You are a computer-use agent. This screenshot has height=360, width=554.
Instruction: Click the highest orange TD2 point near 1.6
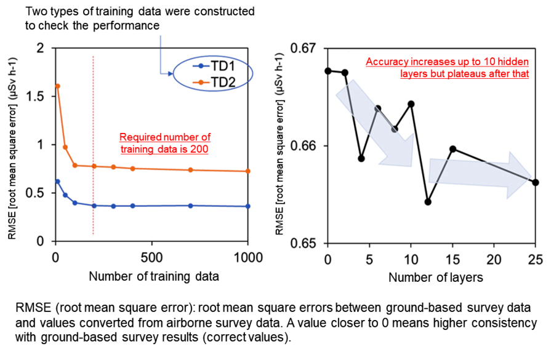[x=57, y=86]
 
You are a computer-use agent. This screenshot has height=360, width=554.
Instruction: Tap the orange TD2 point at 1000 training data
[x=248, y=171]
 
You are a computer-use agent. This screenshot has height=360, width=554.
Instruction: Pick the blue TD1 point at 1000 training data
[x=248, y=206]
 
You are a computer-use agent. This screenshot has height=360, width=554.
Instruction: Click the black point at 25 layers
[x=536, y=182]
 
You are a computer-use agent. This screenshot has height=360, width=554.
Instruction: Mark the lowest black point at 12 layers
[x=428, y=202]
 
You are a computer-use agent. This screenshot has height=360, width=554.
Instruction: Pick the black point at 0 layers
[x=328, y=71]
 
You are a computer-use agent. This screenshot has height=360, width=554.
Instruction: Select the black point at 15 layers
[x=452, y=149]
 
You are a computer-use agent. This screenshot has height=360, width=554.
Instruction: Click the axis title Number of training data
[x=153, y=276]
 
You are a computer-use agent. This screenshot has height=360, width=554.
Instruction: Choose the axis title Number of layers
[x=435, y=278]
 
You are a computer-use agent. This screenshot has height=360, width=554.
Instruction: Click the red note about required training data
[x=165, y=143]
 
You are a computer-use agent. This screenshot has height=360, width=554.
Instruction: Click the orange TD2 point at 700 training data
[x=190, y=170]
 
